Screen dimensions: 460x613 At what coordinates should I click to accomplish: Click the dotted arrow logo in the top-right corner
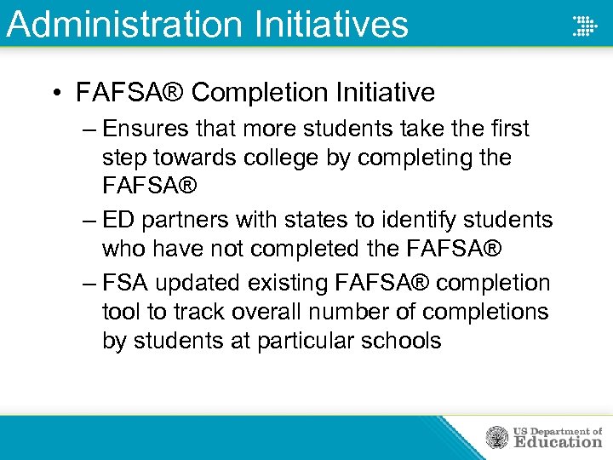[585, 26]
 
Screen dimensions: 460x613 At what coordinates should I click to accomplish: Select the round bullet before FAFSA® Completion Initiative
[57, 93]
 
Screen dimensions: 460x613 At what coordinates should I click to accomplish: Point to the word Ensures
[148, 129]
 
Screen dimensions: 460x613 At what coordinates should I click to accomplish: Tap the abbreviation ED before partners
[118, 220]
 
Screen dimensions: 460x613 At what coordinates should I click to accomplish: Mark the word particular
[309, 342]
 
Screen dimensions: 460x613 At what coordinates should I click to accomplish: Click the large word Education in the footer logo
[558, 442]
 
